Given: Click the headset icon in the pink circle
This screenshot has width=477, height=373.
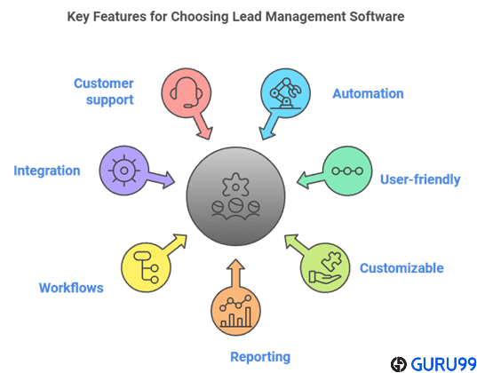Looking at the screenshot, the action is [186, 92].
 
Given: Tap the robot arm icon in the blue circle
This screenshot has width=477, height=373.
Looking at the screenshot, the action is [285, 93].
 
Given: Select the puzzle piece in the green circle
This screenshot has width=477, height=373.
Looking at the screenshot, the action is [331, 261].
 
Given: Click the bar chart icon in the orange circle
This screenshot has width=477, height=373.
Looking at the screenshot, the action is [236, 311].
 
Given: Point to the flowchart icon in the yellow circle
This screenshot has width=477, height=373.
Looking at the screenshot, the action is [147, 267].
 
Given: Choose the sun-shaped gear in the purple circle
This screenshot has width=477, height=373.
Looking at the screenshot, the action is [123, 171].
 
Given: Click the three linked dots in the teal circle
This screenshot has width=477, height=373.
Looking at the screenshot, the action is [347, 171].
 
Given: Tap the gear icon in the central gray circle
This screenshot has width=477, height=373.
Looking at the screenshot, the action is [235, 185].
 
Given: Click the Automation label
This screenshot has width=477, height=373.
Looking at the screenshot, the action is [368, 94].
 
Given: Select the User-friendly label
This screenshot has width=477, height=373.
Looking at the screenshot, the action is [420, 179].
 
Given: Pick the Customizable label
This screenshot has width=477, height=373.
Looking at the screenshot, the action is [401, 268].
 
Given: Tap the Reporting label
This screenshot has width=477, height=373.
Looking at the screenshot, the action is [260, 357].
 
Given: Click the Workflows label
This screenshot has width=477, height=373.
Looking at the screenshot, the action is [71, 288].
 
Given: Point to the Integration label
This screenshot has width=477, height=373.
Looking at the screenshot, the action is [47, 171].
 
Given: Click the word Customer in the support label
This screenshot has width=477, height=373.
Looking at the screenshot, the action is [103, 83].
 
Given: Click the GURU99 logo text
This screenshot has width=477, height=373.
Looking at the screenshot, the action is [443, 364].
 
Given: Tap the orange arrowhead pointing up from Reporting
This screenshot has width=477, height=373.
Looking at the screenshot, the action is [235, 265].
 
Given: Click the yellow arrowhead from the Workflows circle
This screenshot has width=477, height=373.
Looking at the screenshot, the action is [179, 241].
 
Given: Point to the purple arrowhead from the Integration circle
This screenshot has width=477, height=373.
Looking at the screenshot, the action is [169, 180].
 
